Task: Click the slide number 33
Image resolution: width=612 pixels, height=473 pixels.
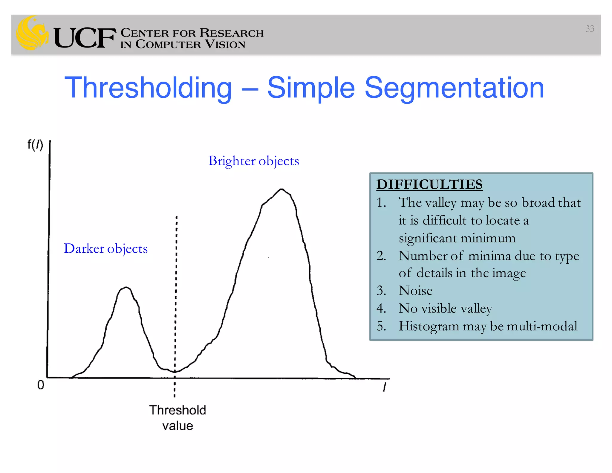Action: (590, 29)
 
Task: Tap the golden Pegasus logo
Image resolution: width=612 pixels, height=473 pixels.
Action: (32, 33)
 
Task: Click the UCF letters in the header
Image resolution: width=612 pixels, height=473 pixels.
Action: (85, 38)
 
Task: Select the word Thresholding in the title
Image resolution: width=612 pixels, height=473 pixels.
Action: (148, 88)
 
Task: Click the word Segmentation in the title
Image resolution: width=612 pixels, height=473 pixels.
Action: (454, 88)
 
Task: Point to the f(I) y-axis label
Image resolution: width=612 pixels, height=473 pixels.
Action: (35, 145)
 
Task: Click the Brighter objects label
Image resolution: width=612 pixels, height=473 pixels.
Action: (253, 161)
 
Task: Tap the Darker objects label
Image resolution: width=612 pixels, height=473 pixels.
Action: (106, 249)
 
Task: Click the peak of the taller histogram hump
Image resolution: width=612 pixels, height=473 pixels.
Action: (281, 189)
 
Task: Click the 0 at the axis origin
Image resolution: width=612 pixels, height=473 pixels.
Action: (41, 385)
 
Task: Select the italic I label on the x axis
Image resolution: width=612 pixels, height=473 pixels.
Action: (385, 387)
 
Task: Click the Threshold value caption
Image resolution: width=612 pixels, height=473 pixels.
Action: (178, 418)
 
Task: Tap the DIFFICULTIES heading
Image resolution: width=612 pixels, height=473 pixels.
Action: (429, 184)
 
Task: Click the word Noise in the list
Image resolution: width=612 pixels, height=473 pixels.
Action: (415, 291)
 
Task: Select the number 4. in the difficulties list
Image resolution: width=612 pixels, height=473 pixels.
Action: (381, 308)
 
